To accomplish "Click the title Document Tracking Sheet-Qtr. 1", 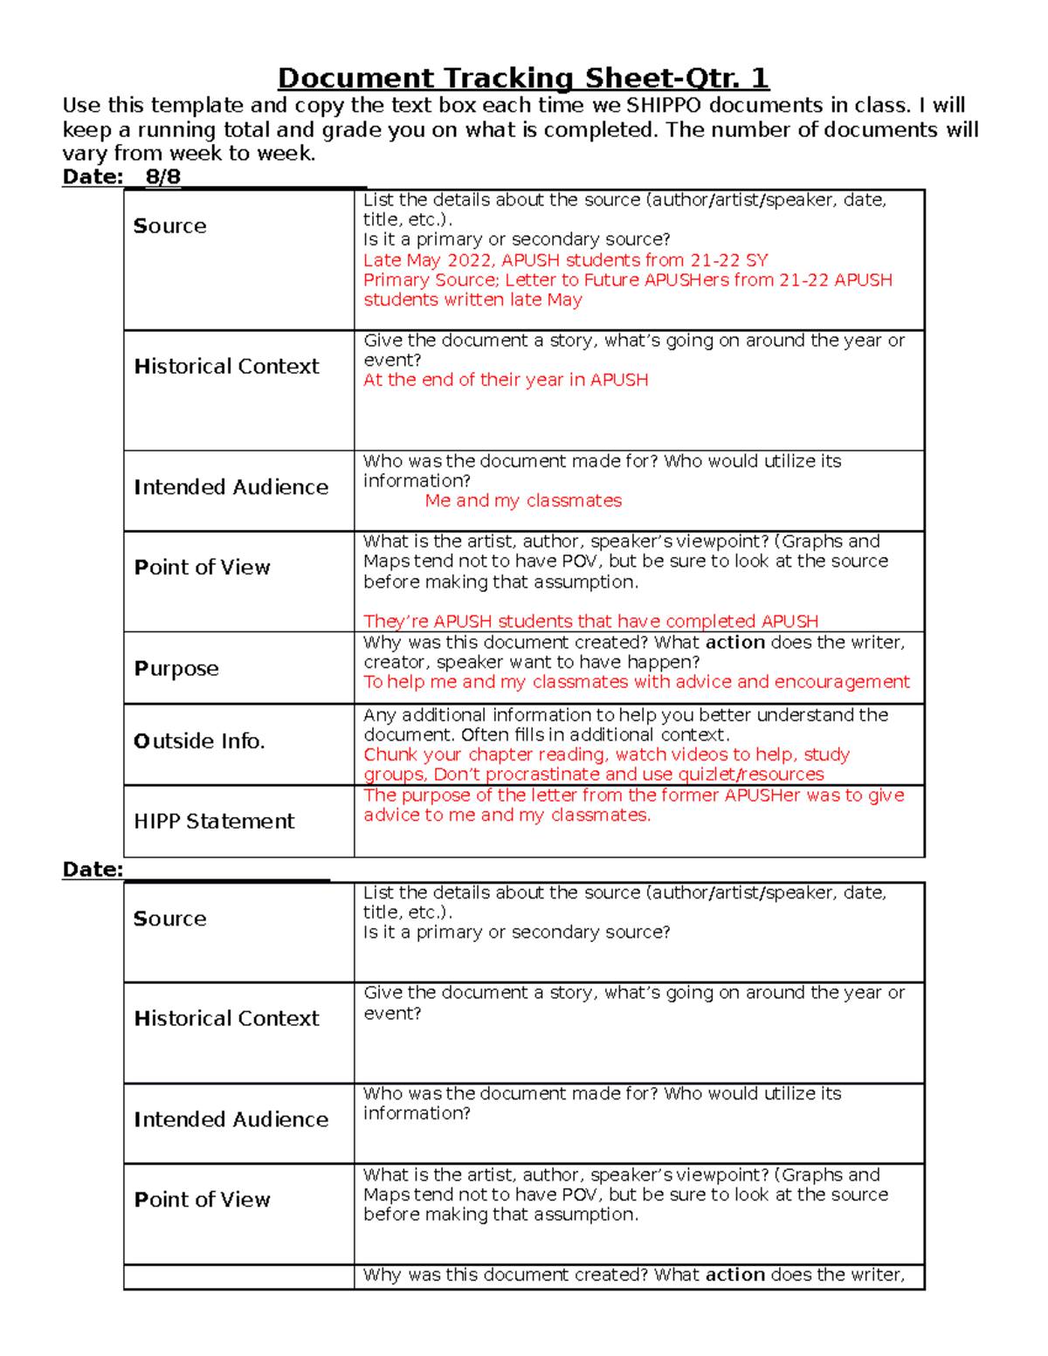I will (523, 79).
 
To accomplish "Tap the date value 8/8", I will (162, 177).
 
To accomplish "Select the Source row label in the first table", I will (170, 226).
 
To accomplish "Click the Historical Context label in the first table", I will (227, 367).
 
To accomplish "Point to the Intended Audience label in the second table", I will (231, 1120).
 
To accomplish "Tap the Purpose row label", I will (176, 669).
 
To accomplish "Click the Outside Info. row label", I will (199, 741).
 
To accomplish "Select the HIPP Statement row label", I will (215, 822).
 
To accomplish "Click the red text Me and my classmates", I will (523, 501).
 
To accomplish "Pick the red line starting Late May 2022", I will (565, 260).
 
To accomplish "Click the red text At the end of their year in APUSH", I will (506, 381).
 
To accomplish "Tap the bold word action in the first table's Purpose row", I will (735, 643).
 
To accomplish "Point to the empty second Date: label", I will (93, 870).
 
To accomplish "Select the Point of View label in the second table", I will (203, 1201).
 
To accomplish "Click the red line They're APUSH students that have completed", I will (590, 622).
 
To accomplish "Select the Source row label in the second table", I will (170, 919).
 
